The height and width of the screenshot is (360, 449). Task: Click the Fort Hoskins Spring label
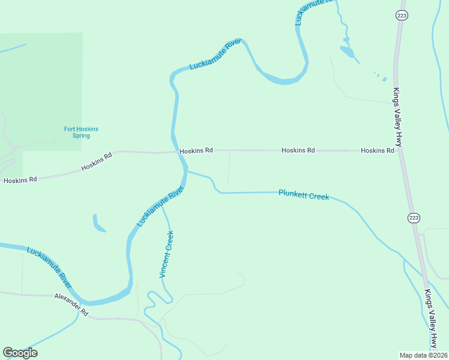click(x=81, y=132)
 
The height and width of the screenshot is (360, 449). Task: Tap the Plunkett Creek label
click(x=303, y=194)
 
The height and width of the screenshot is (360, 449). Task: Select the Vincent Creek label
click(x=166, y=254)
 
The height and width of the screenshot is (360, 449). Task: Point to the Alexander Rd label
click(x=71, y=305)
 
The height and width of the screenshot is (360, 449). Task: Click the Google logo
click(x=20, y=353)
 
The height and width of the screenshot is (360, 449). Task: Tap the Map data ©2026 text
click(x=424, y=355)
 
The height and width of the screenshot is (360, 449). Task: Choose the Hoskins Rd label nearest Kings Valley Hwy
click(x=377, y=151)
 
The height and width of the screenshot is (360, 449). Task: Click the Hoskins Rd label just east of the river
click(x=196, y=151)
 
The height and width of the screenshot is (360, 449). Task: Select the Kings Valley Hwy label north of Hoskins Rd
click(x=397, y=117)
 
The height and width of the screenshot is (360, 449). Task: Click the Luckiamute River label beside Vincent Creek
click(x=160, y=206)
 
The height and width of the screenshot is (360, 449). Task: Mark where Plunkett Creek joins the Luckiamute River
click(x=185, y=172)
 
